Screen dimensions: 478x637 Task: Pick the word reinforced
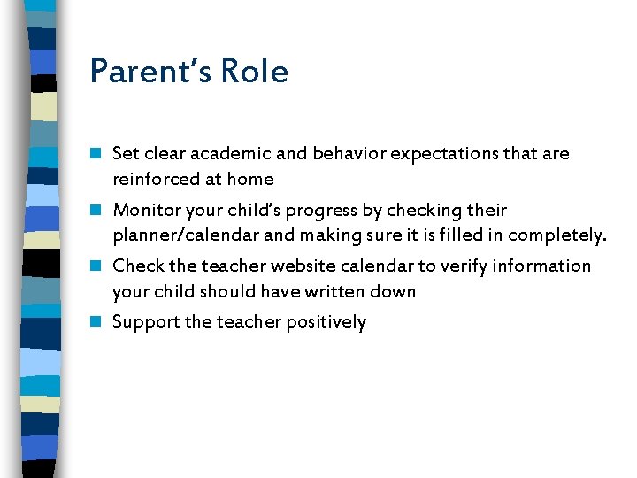click(x=156, y=179)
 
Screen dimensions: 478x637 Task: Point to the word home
click(x=250, y=179)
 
